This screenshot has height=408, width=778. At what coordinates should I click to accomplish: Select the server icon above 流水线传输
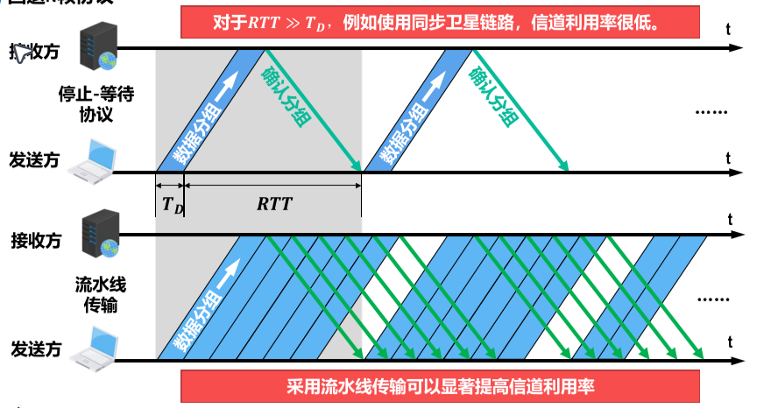pyautogui.click(x=98, y=234)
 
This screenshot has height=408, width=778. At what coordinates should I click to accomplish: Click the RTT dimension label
pyautogui.click(x=274, y=204)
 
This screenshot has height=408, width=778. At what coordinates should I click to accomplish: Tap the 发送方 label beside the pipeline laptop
pyautogui.click(x=36, y=348)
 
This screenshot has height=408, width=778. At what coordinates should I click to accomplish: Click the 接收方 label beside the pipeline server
pyautogui.click(x=36, y=240)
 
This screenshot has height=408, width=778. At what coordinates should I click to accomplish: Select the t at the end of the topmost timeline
pyautogui.click(x=729, y=29)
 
